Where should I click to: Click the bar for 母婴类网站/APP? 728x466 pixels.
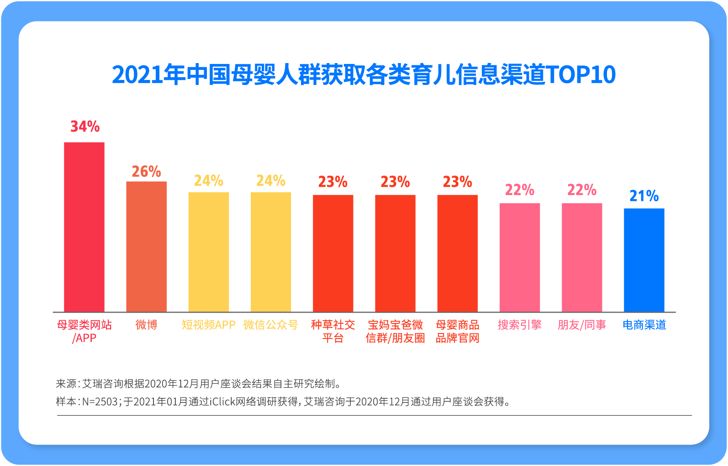84,227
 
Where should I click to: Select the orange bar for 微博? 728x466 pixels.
146,247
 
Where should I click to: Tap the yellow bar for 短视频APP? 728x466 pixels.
208,252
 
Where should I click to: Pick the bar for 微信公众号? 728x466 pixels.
270,252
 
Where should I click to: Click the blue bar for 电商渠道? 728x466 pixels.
644,260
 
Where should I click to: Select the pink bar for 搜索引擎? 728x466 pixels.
520,257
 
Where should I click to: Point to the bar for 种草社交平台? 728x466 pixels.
333,253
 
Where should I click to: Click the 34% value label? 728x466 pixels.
85,127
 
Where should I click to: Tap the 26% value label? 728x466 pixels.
146,172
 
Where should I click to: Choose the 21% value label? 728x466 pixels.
644,196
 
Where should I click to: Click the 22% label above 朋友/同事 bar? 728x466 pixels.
582,190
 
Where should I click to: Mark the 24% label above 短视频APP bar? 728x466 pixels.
208,181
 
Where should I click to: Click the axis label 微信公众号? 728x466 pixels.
270,325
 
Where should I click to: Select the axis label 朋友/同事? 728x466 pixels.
582,325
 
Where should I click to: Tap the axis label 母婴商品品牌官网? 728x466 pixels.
457,331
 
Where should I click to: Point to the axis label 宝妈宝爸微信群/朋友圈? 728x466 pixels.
395,331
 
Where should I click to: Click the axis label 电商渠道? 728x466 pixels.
644,325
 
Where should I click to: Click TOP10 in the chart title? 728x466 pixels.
581,74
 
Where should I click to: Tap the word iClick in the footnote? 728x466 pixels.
224,402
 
